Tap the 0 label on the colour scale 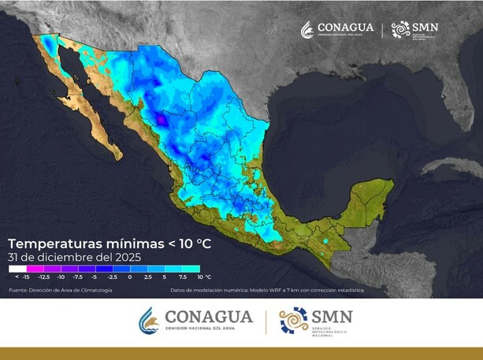(129, 277)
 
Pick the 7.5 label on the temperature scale (182, 277)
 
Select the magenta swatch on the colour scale (35, 269)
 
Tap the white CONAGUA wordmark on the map (345, 28)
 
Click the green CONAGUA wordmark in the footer (208, 317)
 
